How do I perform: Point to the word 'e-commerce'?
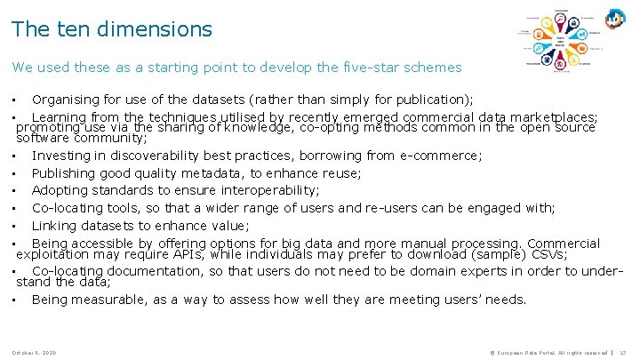click(x=436, y=156)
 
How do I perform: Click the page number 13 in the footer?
click(x=623, y=353)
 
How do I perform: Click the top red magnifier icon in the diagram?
click(x=562, y=17)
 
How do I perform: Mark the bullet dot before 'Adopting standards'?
click(x=17, y=191)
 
